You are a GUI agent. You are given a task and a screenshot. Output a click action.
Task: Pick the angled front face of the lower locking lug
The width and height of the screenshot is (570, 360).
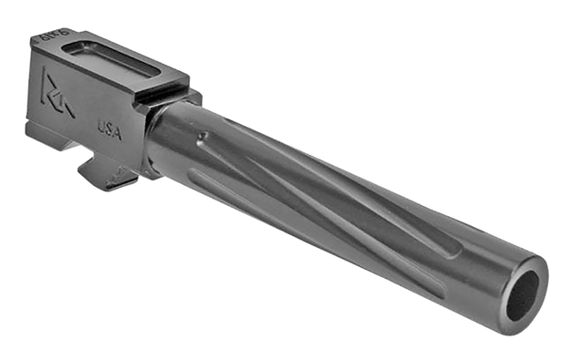[128, 179]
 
